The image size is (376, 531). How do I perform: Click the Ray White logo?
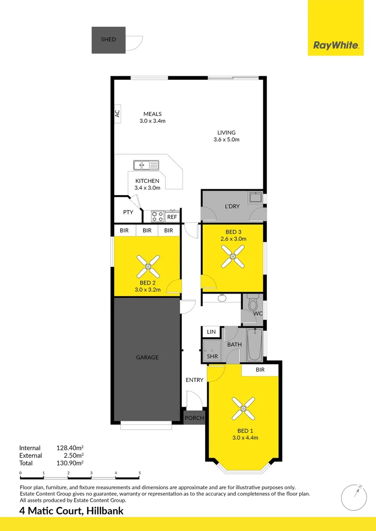point(336,46)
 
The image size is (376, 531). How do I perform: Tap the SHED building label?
point(108,39)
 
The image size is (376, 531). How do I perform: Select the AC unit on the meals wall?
point(117,113)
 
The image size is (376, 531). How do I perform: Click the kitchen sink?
point(146,165)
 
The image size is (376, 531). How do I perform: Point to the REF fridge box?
point(172,217)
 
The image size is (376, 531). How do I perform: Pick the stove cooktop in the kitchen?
point(157,215)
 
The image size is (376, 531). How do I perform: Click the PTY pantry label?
point(128,212)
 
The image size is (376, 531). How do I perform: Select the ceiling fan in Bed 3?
point(233,256)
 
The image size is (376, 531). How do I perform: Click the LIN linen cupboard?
point(212,332)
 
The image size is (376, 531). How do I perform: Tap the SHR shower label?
point(212,356)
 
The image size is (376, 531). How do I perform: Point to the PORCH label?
point(194,418)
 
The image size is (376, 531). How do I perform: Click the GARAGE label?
point(147,357)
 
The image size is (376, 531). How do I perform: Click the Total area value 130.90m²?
point(70,463)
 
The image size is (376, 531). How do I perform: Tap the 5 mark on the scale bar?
point(140,473)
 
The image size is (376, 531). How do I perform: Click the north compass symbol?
point(354,497)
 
